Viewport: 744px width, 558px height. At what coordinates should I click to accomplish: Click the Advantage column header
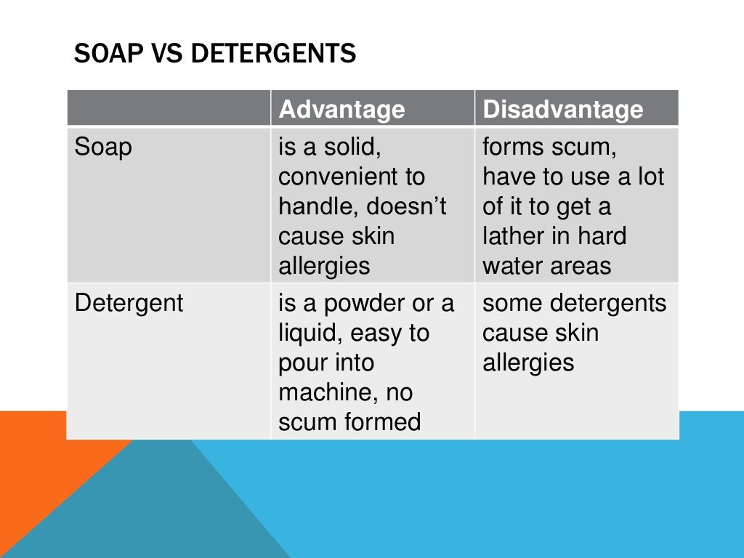tap(341, 109)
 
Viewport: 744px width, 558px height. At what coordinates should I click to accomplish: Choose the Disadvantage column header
tap(563, 109)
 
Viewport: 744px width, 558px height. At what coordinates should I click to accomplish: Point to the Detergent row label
tap(129, 303)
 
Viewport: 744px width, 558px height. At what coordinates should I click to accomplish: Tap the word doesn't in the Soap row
tap(406, 207)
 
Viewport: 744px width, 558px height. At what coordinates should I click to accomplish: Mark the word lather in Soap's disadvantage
tap(511, 237)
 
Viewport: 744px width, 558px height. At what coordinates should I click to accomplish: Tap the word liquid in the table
tap(310, 333)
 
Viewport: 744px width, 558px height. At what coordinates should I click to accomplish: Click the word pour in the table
tap(304, 363)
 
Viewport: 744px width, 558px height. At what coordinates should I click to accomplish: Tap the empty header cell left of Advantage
tap(169, 109)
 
